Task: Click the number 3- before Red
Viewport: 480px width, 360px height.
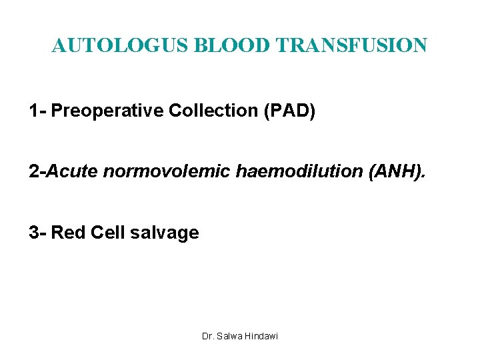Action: click(37, 233)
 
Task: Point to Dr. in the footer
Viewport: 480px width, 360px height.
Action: click(207, 336)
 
